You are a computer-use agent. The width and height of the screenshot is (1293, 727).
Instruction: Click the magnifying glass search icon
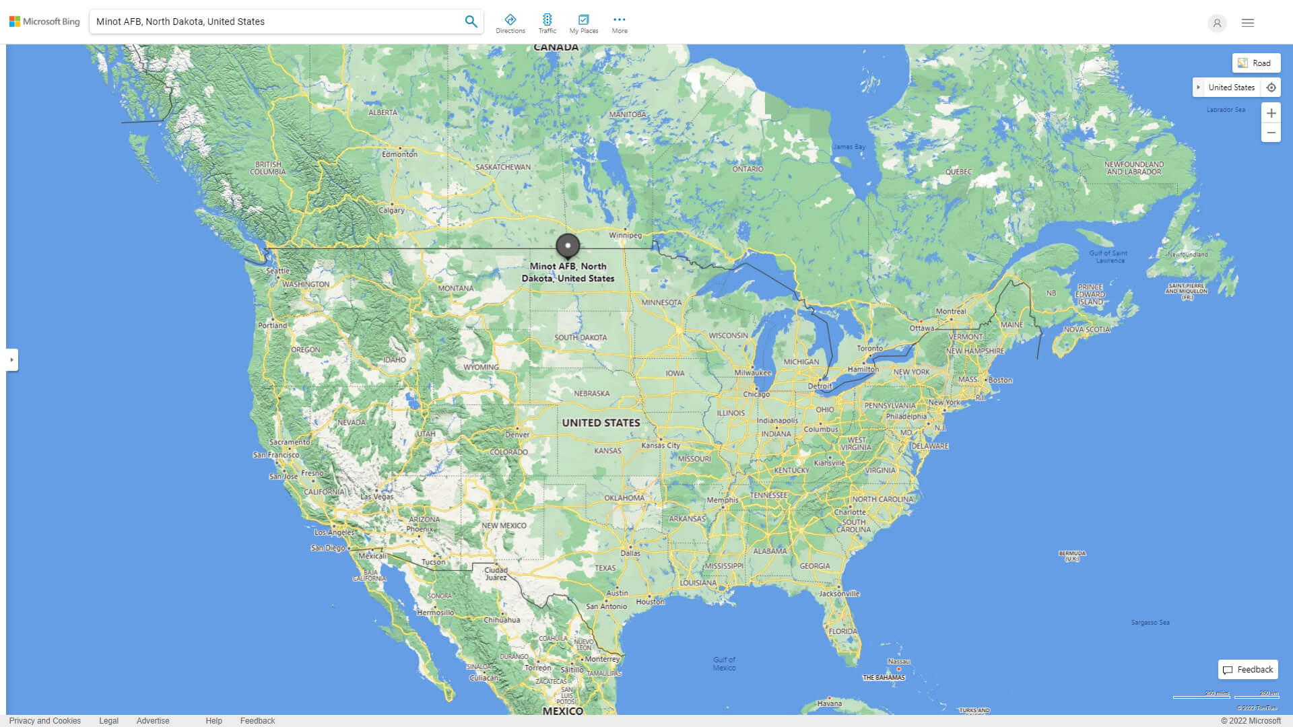[471, 22]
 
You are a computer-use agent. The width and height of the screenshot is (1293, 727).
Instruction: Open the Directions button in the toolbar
[510, 24]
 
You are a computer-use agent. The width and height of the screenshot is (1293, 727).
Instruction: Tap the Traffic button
[547, 24]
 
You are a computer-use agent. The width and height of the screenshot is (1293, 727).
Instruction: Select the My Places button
[583, 24]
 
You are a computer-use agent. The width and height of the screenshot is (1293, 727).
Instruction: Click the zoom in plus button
[1271, 113]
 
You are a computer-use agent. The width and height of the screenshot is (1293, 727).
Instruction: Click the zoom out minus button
[1271, 133]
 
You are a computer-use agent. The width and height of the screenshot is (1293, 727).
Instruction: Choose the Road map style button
[1256, 63]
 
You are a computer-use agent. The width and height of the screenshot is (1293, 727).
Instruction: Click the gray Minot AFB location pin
[568, 246]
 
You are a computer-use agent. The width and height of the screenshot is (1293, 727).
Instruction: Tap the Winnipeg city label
[625, 236]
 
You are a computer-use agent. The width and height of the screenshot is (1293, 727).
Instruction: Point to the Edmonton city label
[399, 154]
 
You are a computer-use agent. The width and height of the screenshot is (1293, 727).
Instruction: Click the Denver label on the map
[517, 434]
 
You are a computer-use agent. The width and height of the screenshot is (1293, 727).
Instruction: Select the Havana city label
[829, 703]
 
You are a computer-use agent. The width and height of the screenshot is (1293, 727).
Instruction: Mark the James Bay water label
[849, 147]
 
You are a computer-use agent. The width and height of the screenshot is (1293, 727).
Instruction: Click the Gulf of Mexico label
[724, 664]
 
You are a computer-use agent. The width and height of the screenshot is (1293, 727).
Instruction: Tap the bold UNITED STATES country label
[601, 423]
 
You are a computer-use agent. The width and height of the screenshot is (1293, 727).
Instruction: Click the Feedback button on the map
[1248, 670]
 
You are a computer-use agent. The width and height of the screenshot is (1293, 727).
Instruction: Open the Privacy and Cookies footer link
[45, 721]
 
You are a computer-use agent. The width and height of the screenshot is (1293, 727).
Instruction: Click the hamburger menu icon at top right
[1248, 23]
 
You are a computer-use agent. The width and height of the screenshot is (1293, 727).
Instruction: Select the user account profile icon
[1217, 23]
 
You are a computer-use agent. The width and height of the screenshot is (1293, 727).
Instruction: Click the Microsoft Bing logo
[44, 22]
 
